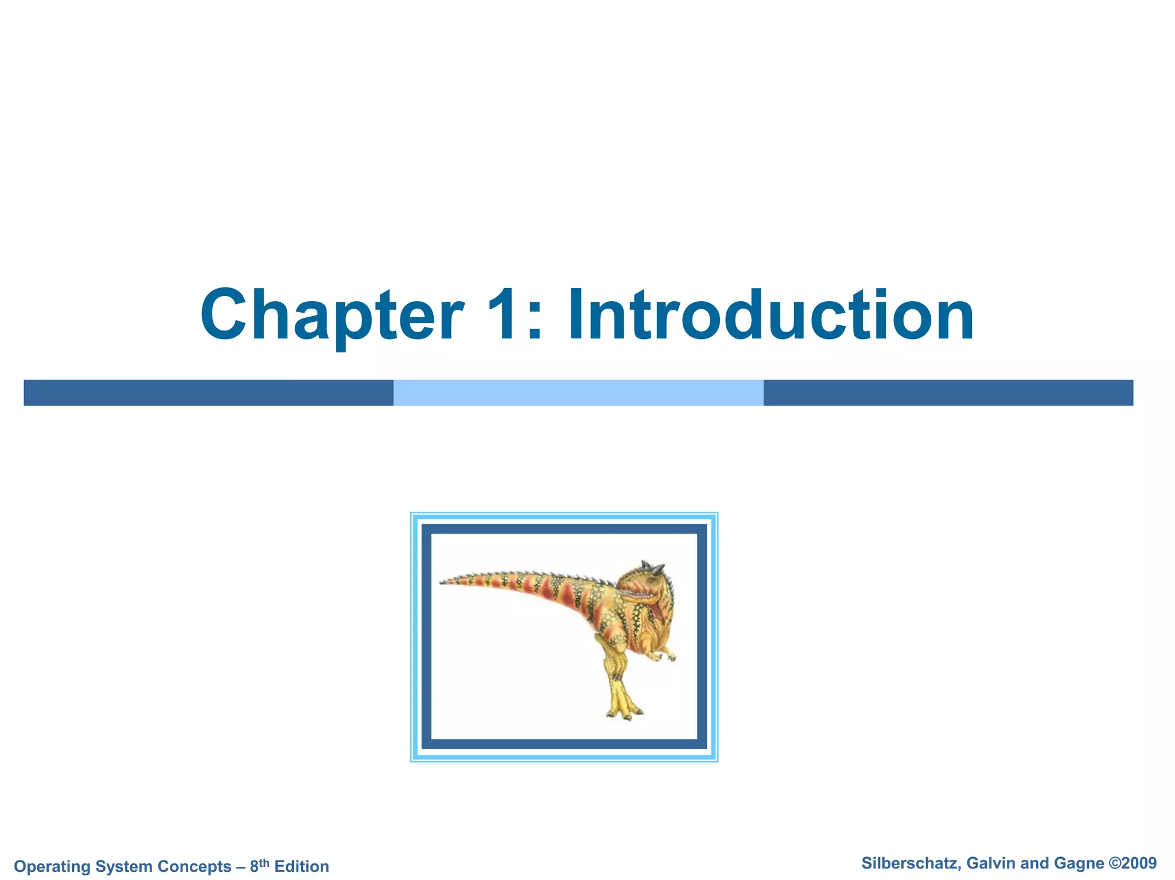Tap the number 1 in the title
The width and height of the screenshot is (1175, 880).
pyautogui.click(x=508, y=315)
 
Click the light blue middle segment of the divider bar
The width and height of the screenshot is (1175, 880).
pyautogui.click(x=578, y=392)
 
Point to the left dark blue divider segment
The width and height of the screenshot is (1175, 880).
pyautogui.click(x=208, y=392)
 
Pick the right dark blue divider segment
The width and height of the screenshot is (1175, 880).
pyautogui.click(x=948, y=392)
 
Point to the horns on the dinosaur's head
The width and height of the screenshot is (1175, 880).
pyautogui.click(x=654, y=567)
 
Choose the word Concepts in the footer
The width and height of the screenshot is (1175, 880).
pyautogui.click(x=194, y=866)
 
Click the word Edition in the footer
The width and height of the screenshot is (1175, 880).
pyautogui.click(x=302, y=866)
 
